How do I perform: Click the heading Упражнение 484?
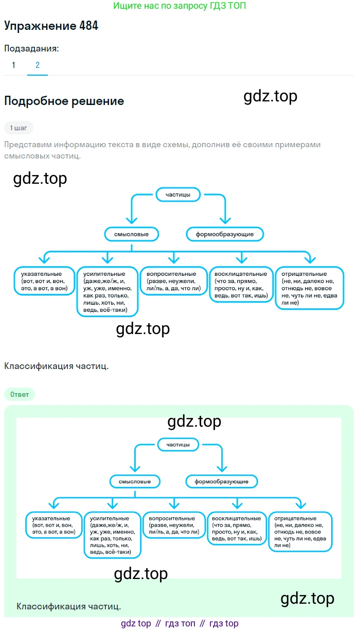[x=51, y=26]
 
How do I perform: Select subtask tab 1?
[x=13, y=65]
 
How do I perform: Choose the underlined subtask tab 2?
[x=38, y=65]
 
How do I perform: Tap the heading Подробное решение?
[x=64, y=101]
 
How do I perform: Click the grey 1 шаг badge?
[x=19, y=127]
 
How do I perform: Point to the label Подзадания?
[x=31, y=48]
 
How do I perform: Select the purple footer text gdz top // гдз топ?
[x=179, y=623]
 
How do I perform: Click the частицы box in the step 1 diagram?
[x=178, y=195]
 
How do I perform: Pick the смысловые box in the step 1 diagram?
[x=131, y=234]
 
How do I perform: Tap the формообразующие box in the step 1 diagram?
[x=225, y=234]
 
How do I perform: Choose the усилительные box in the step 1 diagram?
[x=107, y=291]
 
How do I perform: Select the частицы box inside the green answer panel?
[x=178, y=444]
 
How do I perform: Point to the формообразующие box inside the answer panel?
[x=222, y=482]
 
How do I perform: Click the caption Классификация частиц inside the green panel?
[x=69, y=606]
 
